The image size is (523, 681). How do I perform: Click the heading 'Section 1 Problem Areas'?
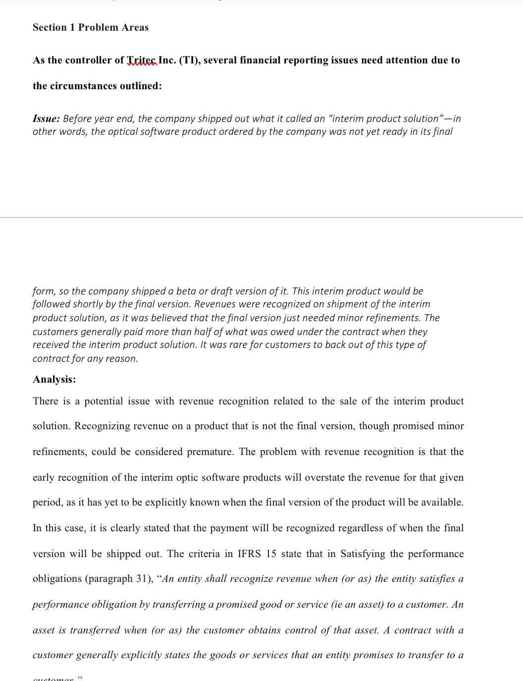pos(91,28)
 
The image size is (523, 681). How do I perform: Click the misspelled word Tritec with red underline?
pos(142,60)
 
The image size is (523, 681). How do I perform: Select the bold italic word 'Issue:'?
pos(46,119)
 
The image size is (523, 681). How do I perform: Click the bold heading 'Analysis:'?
pos(54,380)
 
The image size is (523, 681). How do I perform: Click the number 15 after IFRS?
pos(271,554)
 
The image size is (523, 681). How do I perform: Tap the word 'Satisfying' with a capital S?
pos(363,554)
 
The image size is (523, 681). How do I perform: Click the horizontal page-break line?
pos(261,218)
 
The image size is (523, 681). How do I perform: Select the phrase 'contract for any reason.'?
pos(85,359)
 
